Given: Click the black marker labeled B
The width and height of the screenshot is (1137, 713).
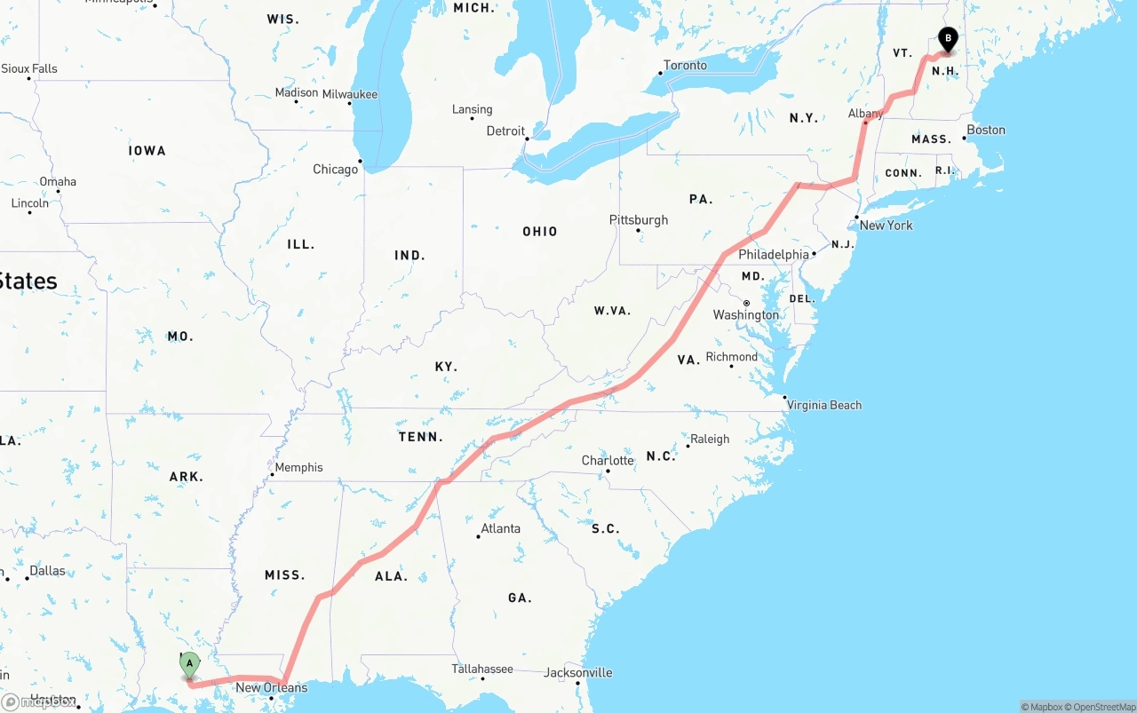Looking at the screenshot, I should [x=948, y=39].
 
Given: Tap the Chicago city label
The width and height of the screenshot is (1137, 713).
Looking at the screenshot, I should [x=336, y=169].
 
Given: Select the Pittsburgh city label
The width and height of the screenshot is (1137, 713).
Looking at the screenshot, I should [x=639, y=219].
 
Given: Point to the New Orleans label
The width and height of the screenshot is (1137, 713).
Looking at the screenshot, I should [x=271, y=687].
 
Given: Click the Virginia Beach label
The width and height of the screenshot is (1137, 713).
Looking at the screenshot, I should [x=824, y=405].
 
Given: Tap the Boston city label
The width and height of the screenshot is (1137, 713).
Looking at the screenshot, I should [x=986, y=130].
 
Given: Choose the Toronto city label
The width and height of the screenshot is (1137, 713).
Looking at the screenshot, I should [x=685, y=65].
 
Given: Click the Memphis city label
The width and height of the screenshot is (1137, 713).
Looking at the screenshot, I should [x=298, y=467].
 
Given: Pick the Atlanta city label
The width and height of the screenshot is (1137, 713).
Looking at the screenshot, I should [x=500, y=528].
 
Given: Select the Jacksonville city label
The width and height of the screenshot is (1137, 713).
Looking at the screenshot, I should [x=578, y=672].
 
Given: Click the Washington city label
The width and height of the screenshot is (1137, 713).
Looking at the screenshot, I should [x=745, y=314].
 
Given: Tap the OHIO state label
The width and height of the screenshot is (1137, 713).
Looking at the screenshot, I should [x=539, y=231].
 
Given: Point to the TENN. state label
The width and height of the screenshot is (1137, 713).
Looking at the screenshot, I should [x=420, y=437].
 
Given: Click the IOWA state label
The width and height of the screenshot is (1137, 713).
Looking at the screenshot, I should [x=147, y=151].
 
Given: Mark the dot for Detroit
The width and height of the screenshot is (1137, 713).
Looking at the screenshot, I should [x=528, y=139].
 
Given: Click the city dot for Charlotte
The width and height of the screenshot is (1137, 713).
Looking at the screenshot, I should [x=608, y=471].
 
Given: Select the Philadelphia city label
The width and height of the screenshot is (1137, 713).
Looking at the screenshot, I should [x=774, y=254].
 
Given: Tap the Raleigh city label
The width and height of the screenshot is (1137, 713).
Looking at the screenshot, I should [x=710, y=439].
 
